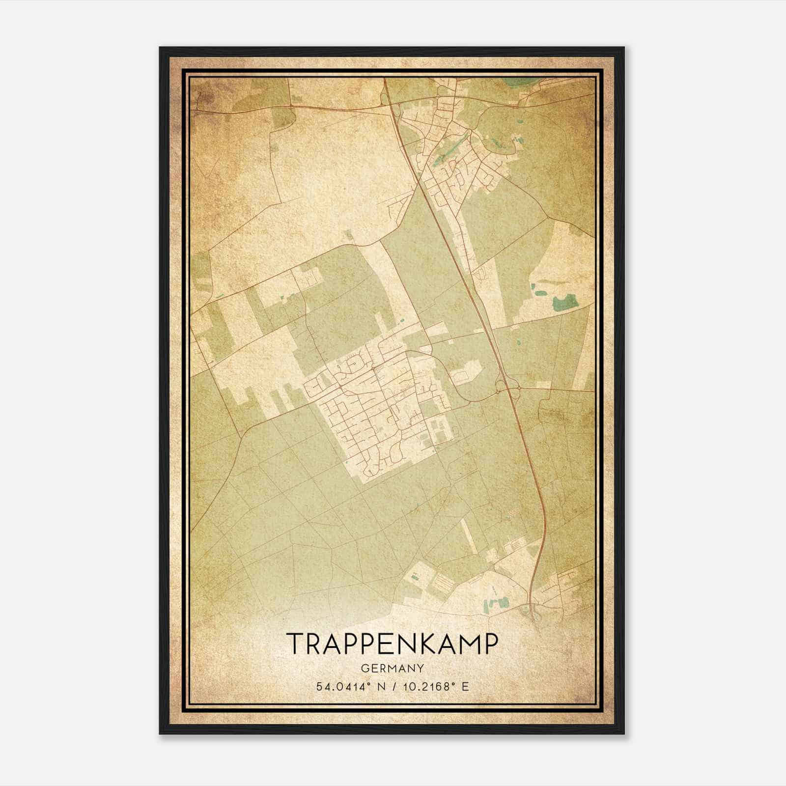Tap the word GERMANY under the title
[392, 668]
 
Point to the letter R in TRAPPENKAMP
[314, 644]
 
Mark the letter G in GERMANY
[365, 668]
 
